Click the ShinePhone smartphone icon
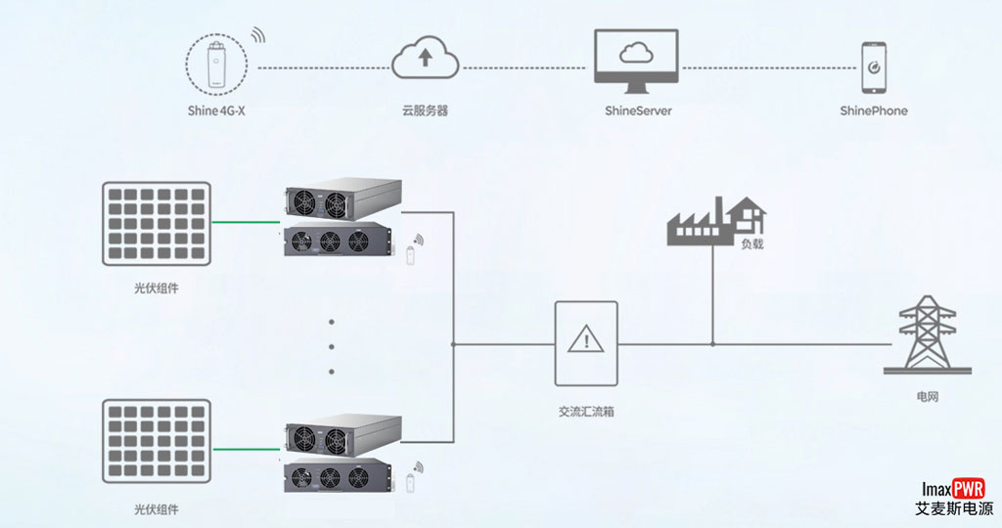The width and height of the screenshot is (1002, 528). [873, 66]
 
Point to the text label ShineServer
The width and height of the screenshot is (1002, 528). [638, 110]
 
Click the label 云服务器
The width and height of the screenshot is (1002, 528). [425, 110]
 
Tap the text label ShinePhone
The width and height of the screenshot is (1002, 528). [873, 110]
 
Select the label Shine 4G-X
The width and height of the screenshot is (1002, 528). [217, 110]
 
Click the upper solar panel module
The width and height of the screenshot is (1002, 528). [157, 223]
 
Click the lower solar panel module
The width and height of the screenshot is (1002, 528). [157, 441]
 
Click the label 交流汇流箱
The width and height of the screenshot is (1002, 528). [586, 412]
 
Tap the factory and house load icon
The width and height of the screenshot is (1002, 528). [715, 221]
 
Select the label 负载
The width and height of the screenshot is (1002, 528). [751, 243]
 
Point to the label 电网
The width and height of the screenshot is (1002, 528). [927, 397]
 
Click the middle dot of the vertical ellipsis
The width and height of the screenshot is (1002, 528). [332, 346]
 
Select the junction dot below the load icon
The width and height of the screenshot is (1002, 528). [712, 344]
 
